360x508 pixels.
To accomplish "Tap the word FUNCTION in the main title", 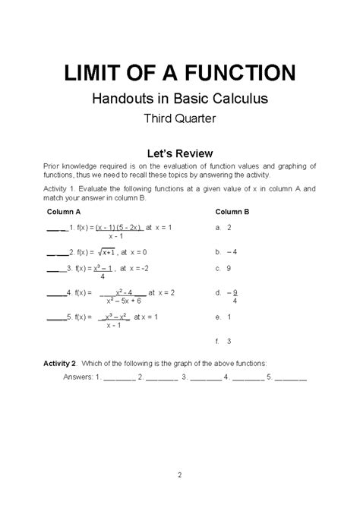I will point(238,73).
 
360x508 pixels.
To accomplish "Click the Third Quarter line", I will point(179,118).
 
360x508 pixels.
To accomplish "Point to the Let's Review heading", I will point(179,153).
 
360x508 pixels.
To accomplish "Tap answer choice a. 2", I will point(223,227).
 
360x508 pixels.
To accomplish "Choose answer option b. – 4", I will point(226,251).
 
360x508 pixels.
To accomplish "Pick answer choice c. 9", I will point(223,269).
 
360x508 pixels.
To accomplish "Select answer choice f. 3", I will point(223,341).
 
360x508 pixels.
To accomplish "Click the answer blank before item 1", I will point(56,227).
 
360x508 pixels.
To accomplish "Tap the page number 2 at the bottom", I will point(180,476).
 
